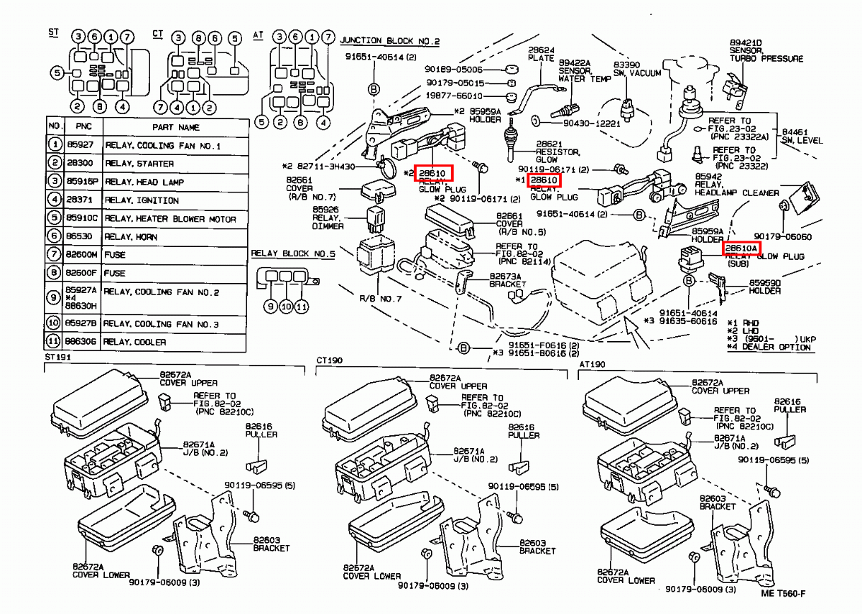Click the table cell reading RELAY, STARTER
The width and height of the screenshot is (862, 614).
pyautogui.click(x=139, y=164)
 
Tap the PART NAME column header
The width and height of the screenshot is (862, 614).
pyautogui.click(x=175, y=127)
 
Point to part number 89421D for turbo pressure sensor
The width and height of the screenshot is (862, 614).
pyautogui.click(x=746, y=42)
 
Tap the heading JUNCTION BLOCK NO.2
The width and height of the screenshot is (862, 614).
pyautogui.click(x=389, y=41)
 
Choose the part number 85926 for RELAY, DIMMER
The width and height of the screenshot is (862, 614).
pyautogui.click(x=325, y=210)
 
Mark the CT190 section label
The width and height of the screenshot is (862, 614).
pyautogui.click(x=330, y=359)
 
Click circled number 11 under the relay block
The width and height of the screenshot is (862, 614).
pyautogui.click(x=302, y=307)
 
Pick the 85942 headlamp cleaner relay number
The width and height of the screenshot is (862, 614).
pyautogui.click(x=708, y=175)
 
